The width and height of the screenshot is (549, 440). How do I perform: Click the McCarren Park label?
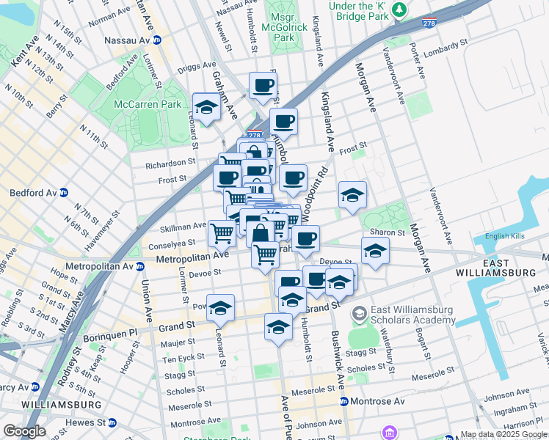[x=147, y=104]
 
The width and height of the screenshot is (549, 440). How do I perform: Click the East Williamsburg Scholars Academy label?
[x=412, y=315]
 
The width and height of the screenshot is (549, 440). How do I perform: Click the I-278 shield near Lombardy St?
[x=430, y=24]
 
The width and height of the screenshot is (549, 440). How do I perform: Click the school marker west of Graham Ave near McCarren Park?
[x=207, y=106]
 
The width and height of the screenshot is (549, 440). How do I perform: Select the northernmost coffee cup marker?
[x=263, y=85]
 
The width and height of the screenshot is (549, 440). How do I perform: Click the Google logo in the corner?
[x=24, y=431]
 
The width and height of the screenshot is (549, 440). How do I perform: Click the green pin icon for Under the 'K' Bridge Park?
[x=399, y=9]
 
